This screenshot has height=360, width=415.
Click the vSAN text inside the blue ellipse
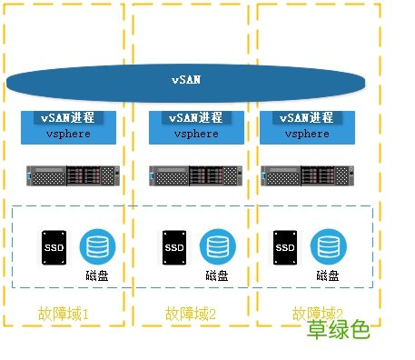click(x=187, y=80)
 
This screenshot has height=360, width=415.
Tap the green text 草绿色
click(x=338, y=330)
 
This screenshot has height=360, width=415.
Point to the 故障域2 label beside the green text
click(x=320, y=313)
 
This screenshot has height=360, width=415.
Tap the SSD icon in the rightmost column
click(x=284, y=247)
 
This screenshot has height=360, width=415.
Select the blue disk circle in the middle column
click(x=216, y=246)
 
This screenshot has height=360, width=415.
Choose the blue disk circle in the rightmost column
click(x=327, y=246)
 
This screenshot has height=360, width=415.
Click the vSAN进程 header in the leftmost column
click(x=69, y=118)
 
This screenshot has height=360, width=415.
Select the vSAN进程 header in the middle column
click(x=195, y=118)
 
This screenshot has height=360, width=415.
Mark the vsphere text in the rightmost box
click(x=307, y=134)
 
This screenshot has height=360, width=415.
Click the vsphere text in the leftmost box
click(x=69, y=133)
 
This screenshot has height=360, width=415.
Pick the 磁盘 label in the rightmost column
click(x=328, y=275)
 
